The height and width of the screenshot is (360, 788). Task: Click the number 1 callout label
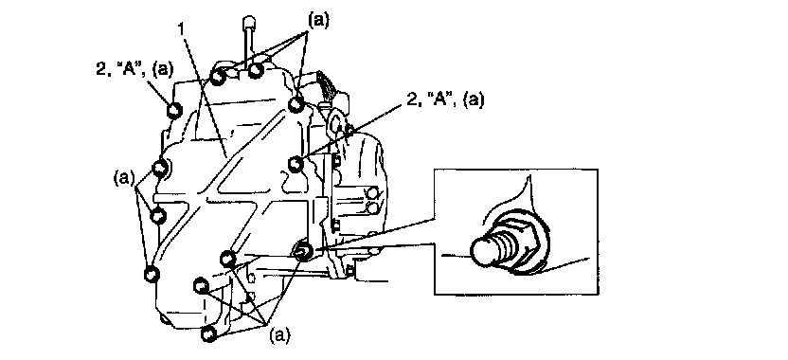click(183, 29)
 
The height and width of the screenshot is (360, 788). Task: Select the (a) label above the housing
click(318, 20)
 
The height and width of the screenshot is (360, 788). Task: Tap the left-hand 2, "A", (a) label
click(134, 68)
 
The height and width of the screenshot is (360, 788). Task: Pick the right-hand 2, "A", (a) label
click(444, 99)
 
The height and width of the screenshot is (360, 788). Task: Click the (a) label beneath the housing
click(280, 334)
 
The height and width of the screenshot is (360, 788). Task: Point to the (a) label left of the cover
click(124, 178)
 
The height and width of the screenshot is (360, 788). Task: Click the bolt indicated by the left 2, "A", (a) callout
click(174, 111)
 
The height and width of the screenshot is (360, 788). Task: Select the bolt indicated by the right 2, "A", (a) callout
click(296, 163)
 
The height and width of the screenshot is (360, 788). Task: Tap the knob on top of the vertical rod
click(249, 24)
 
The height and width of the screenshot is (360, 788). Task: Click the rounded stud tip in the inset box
click(484, 250)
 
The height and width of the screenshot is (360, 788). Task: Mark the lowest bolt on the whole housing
click(208, 333)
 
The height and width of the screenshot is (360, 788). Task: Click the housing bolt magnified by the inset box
click(303, 250)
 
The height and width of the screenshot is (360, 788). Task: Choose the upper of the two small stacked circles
click(372, 193)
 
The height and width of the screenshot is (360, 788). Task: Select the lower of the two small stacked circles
click(372, 207)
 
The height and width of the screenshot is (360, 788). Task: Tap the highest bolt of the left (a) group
click(160, 168)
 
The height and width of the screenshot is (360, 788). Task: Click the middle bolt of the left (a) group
click(158, 216)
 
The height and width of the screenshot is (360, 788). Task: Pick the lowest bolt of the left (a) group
click(152, 274)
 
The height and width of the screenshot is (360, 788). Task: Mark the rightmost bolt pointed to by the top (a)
click(296, 104)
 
